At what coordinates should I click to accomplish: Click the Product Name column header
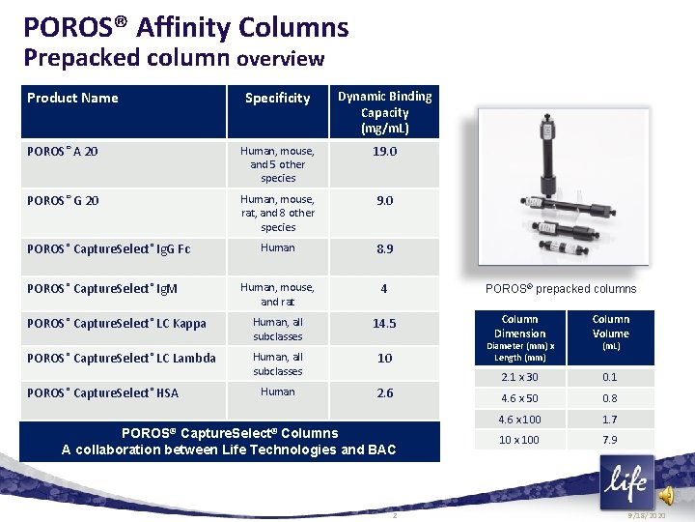tap(72, 98)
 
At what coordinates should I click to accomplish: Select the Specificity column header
tap(277, 98)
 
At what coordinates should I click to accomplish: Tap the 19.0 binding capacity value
tap(384, 152)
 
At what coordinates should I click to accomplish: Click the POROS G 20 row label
tap(63, 200)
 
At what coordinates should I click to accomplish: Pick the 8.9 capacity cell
tap(384, 248)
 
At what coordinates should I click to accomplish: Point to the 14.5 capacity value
tap(384, 323)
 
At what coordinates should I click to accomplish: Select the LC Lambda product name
tap(122, 358)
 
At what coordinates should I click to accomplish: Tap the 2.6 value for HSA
tap(384, 392)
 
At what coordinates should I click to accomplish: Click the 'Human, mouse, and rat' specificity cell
tap(277, 294)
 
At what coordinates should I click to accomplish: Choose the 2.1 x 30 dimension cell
tap(519, 377)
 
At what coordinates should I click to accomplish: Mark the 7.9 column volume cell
tap(610, 440)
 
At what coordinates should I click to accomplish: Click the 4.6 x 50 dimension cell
tap(519, 398)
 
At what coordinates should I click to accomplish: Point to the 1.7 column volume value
tap(610, 420)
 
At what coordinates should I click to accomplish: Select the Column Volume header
tap(610, 326)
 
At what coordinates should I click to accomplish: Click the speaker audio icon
tap(666, 495)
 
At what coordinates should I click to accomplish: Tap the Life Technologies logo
tap(625, 480)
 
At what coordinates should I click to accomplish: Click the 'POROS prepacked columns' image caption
tap(561, 288)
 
